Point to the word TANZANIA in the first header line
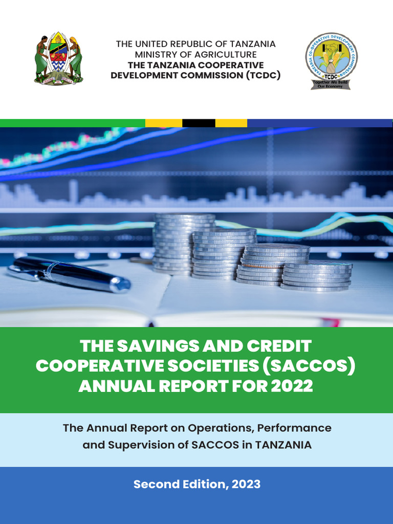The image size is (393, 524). click(249, 43)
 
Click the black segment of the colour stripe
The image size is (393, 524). click(199, 123)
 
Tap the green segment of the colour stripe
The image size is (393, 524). click(72, 123)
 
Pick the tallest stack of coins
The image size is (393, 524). click(184, 243)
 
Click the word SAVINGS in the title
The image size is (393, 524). click(160, 346)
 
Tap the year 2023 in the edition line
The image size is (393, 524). click(246, 484)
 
